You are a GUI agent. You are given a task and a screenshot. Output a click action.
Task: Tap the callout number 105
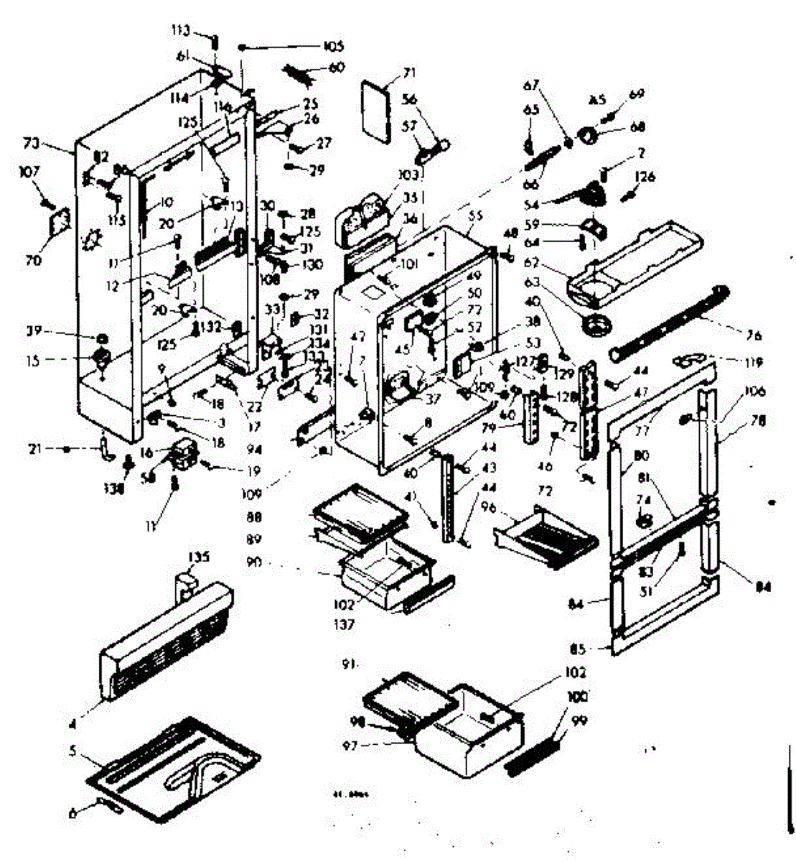[332, 46]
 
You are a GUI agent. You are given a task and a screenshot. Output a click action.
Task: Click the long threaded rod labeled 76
[668, 321]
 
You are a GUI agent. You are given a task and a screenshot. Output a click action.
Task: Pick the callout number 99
[579, 720]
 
